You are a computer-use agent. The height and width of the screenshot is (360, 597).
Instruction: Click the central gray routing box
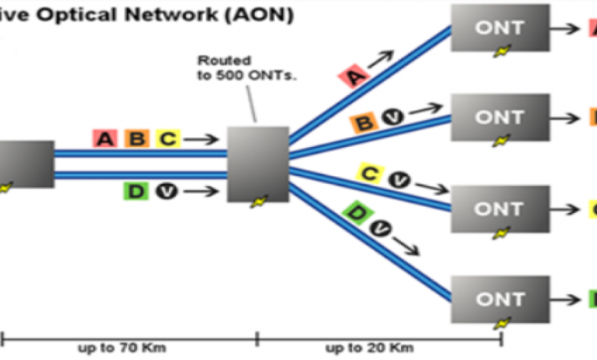coord(258,164)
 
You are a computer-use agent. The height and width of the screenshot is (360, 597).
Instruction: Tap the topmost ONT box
coord(500,29)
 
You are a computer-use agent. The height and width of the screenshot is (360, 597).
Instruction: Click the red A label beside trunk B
coord(105,139)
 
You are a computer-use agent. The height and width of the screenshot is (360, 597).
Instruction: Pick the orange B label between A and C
coord(136,139)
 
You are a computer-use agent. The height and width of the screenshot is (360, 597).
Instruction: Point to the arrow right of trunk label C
coord(201,139)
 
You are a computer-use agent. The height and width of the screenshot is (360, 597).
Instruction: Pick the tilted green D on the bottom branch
coord(357,212)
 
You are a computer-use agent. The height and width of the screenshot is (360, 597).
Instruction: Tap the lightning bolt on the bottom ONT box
coord(501,322)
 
